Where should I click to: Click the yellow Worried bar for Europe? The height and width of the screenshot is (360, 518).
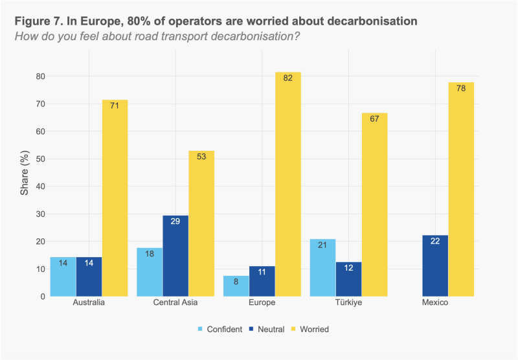click(x=288, y=184)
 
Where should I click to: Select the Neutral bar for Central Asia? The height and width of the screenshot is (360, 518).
click(x=175, y=256)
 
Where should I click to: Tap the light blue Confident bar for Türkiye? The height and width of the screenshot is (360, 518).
click(x=323, y=267)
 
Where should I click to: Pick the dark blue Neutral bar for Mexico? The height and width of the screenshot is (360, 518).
click(x=435, y=265)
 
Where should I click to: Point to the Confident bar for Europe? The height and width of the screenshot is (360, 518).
click(x=236, y=286)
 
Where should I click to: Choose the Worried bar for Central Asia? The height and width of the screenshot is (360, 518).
click(x=201, y=223)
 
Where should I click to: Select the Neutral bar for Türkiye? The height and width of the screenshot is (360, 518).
click(x=348, y=279)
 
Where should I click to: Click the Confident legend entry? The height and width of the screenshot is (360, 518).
click(x=218, y=329)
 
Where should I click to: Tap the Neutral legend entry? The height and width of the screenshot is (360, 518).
click(x=267, y=329)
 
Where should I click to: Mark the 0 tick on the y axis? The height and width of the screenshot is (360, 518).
click(x=42, y=297)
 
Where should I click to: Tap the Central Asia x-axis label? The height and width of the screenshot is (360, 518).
click(x=175, y=303)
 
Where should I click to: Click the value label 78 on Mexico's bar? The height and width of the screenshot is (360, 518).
click(x=461, y=89)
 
